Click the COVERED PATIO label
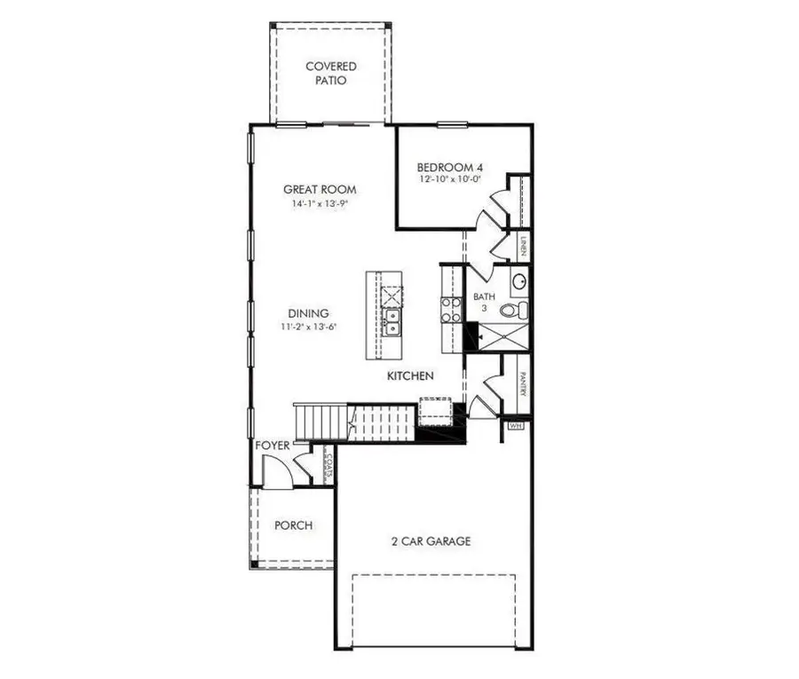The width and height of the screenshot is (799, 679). [x=330, y=73]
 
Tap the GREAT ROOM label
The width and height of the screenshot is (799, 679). [x=320, y=189]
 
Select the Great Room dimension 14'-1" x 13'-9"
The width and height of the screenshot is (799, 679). [x=320, y=204]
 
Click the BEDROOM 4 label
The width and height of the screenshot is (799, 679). [x=450, y=166]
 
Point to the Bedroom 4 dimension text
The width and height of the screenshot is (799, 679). [x=450, y=179]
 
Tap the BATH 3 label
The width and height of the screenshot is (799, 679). [x=484, y=302]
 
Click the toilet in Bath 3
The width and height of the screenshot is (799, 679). [x=513, y=311]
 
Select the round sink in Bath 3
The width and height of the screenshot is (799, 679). [x=519, y=282]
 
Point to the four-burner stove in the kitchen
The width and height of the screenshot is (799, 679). [x=451, y=308]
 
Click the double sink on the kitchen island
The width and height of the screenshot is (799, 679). [x=391, y=320]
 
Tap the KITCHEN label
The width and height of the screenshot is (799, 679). [x=410, y=376]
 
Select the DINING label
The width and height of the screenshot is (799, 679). [x=308, y=313]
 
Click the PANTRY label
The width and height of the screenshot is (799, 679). [x=524, y=383]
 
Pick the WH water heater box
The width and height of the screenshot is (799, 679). [x=515, y=426]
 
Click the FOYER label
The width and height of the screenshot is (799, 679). [x=272, y=445]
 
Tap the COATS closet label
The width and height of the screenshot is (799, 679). [x=328, y=465]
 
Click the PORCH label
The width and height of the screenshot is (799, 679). [x=292, y=525]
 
